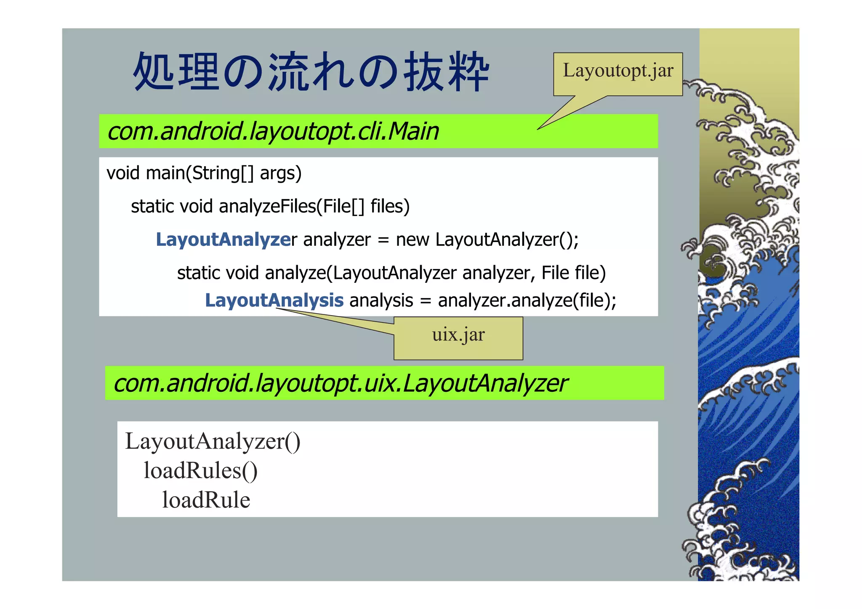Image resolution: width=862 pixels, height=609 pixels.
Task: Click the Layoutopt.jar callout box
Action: [x=617, y=74]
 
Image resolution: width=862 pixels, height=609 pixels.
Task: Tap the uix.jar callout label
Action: [x=458, y=335]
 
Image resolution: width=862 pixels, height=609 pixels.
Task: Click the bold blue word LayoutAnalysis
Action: [x=274, y=301]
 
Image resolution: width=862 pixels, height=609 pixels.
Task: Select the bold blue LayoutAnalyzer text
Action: [x=223, y=239]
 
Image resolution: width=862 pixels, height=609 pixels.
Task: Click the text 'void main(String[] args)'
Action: [x=204, y=173]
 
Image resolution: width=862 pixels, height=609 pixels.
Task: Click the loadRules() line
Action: [x=200, y=471]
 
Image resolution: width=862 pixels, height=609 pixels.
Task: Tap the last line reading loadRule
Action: [x=206, y=500]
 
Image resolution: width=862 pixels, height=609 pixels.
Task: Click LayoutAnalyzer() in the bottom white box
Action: [x=213, y=441]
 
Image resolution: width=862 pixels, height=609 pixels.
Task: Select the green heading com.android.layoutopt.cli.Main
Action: [x=273, y=131]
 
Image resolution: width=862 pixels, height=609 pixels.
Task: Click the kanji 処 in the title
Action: [x=154, y=72]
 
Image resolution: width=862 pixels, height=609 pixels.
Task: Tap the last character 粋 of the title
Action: [x=468, y=72]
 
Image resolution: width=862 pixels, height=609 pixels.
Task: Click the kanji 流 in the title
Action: [x=290, y=72]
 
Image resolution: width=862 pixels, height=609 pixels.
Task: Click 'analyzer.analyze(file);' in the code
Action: [x=527, y=301]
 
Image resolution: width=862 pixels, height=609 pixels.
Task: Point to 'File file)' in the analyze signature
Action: [x=573, y=273]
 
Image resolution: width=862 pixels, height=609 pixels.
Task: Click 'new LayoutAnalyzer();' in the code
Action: [x=487, y=239]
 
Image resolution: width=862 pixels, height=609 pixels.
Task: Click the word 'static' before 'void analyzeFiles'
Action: [x=152, y=206]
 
